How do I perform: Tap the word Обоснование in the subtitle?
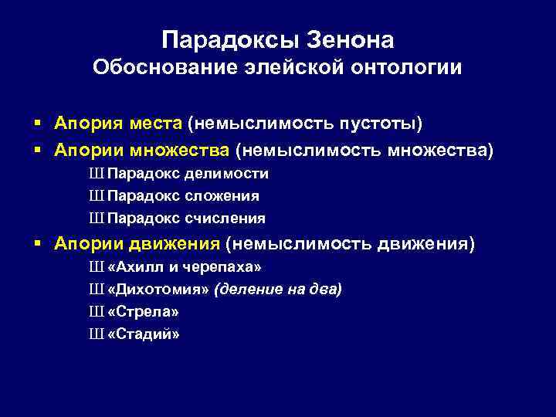click(x=155, y=68)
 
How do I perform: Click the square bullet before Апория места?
click(x=38, y=124)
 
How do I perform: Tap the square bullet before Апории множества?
click(x=38, y=148)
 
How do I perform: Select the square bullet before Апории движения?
click(x=38, y=245)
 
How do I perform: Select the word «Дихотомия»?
click(x=160, y=290)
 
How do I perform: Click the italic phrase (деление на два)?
click(x=279, y=290)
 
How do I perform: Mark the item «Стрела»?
click(x=144, y=312)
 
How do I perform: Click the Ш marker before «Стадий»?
click(x=97, y=334)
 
